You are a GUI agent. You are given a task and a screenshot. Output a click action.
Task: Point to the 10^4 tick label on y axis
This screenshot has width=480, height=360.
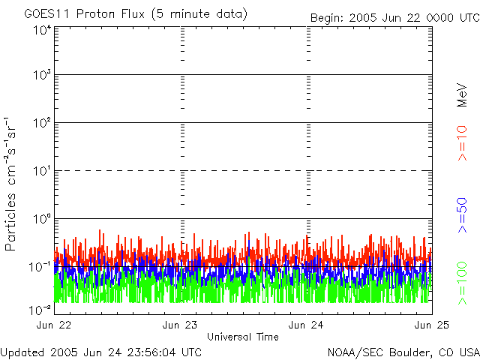[x=42, y=30]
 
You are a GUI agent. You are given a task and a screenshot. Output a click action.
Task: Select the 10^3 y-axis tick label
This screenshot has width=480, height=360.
[x=42, y=75]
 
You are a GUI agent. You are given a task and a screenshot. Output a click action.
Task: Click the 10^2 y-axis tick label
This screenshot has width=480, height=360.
[x=42, y=123]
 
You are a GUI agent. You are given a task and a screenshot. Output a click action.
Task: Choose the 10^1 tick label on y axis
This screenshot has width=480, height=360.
[x=42, y=171]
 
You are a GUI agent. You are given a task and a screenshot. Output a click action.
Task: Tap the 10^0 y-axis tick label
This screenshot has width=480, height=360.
[x=42, y=219]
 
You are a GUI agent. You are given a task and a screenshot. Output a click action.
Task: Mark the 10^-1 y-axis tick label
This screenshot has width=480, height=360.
[x=40, y=267]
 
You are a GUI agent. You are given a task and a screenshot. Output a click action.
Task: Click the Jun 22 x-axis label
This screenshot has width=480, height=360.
[x=53, y=325]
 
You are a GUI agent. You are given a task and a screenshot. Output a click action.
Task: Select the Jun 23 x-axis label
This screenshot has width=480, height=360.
[x=180, y=325]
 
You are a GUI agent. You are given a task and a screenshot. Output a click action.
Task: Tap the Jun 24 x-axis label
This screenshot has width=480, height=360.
[x=306, y=325]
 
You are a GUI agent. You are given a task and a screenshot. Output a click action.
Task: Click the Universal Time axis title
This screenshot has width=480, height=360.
[x=243, y=337]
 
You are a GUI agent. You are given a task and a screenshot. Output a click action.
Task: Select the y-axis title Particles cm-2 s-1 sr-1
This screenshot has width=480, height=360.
[x=12, y=184]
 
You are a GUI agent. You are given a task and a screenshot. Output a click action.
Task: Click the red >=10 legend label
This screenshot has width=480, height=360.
[x=462, y=143]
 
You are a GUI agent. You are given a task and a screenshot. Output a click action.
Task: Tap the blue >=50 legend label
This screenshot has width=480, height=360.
[x=462, y=214]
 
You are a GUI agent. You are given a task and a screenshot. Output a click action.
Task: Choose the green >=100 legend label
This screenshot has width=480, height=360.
[x=462, y=283]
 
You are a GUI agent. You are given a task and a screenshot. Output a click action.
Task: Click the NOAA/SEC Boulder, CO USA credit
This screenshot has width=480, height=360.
[x=403, y=352]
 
